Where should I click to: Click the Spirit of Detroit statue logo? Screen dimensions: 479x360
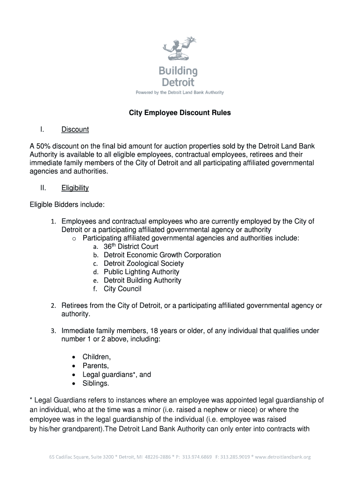click(x=180, y=49)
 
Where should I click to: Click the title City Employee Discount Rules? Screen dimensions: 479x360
click(x=180, y=113)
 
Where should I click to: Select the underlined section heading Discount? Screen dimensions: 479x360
click(x=75, y=129)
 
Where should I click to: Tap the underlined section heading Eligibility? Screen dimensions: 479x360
click(x=75, y=188)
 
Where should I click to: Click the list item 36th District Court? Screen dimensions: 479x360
click(x=131, y=247)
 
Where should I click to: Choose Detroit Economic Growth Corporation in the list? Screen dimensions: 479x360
click(x=162, y=255)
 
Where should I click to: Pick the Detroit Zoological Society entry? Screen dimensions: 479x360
click(x=144, y=263)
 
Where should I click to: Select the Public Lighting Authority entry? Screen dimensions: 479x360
click(x=141, y=272)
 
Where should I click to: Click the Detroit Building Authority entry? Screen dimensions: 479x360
click(x=142, y=280)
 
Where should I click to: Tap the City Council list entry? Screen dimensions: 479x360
click(x=122, y=289)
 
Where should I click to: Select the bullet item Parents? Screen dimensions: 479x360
click(x=95, y=366)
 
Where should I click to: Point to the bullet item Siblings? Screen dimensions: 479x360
click(x=96, y=383)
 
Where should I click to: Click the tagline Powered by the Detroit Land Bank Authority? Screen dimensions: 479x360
click(x=180, y=93)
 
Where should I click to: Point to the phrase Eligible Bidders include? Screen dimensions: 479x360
click(x=67, y=204)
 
